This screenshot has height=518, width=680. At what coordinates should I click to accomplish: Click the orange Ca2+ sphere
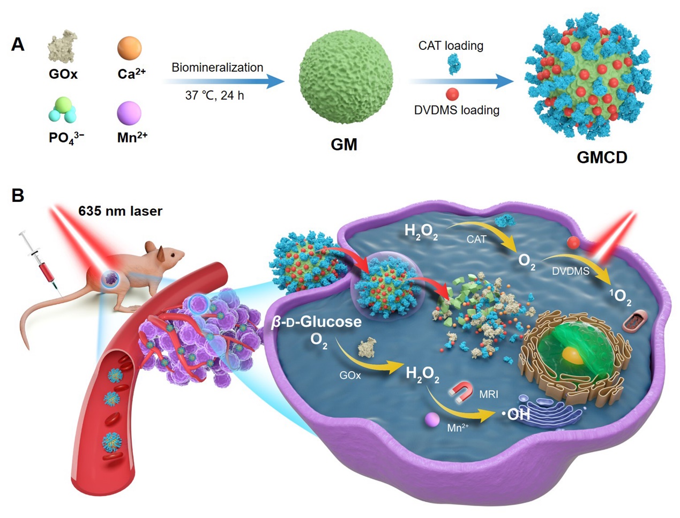[129, 48]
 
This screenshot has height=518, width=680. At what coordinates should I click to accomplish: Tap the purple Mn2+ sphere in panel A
[129, 113]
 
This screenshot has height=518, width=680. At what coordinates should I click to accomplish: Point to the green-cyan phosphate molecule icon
[63, 109]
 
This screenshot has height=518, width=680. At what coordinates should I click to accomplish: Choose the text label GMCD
[602, 157]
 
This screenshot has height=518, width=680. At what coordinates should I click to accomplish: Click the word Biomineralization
[217, 67]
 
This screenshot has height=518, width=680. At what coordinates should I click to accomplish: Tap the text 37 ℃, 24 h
[214, 95]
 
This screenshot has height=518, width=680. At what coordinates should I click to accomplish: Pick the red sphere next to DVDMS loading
[452, 94]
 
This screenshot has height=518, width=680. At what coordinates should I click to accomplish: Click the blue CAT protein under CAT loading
[454, 64]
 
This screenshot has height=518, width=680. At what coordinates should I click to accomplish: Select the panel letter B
[18, 196]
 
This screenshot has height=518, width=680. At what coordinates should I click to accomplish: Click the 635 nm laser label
[120, 211]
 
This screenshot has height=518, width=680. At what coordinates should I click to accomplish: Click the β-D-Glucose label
[316, 322]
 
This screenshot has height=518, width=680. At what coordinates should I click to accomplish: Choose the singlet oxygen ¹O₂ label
[619, 296]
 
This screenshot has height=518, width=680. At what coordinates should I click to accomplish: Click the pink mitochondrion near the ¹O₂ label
[638, 322]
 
